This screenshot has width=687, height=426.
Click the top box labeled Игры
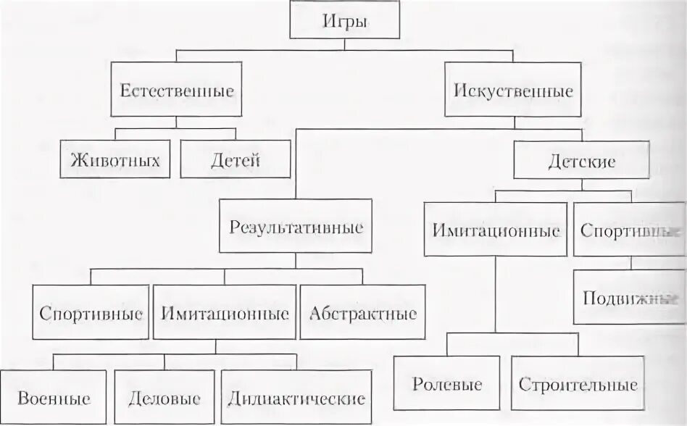click(x=344, y=21)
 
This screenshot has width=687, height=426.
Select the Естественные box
click(x=177, y=90)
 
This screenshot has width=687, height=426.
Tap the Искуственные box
click(x=513, y=90)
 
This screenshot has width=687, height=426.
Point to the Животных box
click(x=115, y=159)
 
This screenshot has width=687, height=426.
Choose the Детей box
click(x=235, y=159)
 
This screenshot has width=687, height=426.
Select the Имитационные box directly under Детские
click(x=496, y=230)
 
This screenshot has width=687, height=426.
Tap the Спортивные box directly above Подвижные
click(x=629, y=230)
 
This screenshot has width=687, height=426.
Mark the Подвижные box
click(x=629, y=297)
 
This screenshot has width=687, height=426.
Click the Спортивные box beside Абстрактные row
click(x=90, y=312)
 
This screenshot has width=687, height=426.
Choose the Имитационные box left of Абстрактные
click(x=225, y=312)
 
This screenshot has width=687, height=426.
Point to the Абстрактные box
click(x=362, y=312)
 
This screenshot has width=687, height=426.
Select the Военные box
click(x=54, y=397)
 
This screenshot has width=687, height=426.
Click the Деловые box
click(x=165, y=397)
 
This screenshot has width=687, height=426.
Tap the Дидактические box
click(x=296, y=397)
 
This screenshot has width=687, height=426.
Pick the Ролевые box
click(x=446, y=383)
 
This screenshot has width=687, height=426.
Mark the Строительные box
click(x=578, y=383)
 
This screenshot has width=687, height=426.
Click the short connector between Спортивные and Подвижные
click(x=629, y=263)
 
